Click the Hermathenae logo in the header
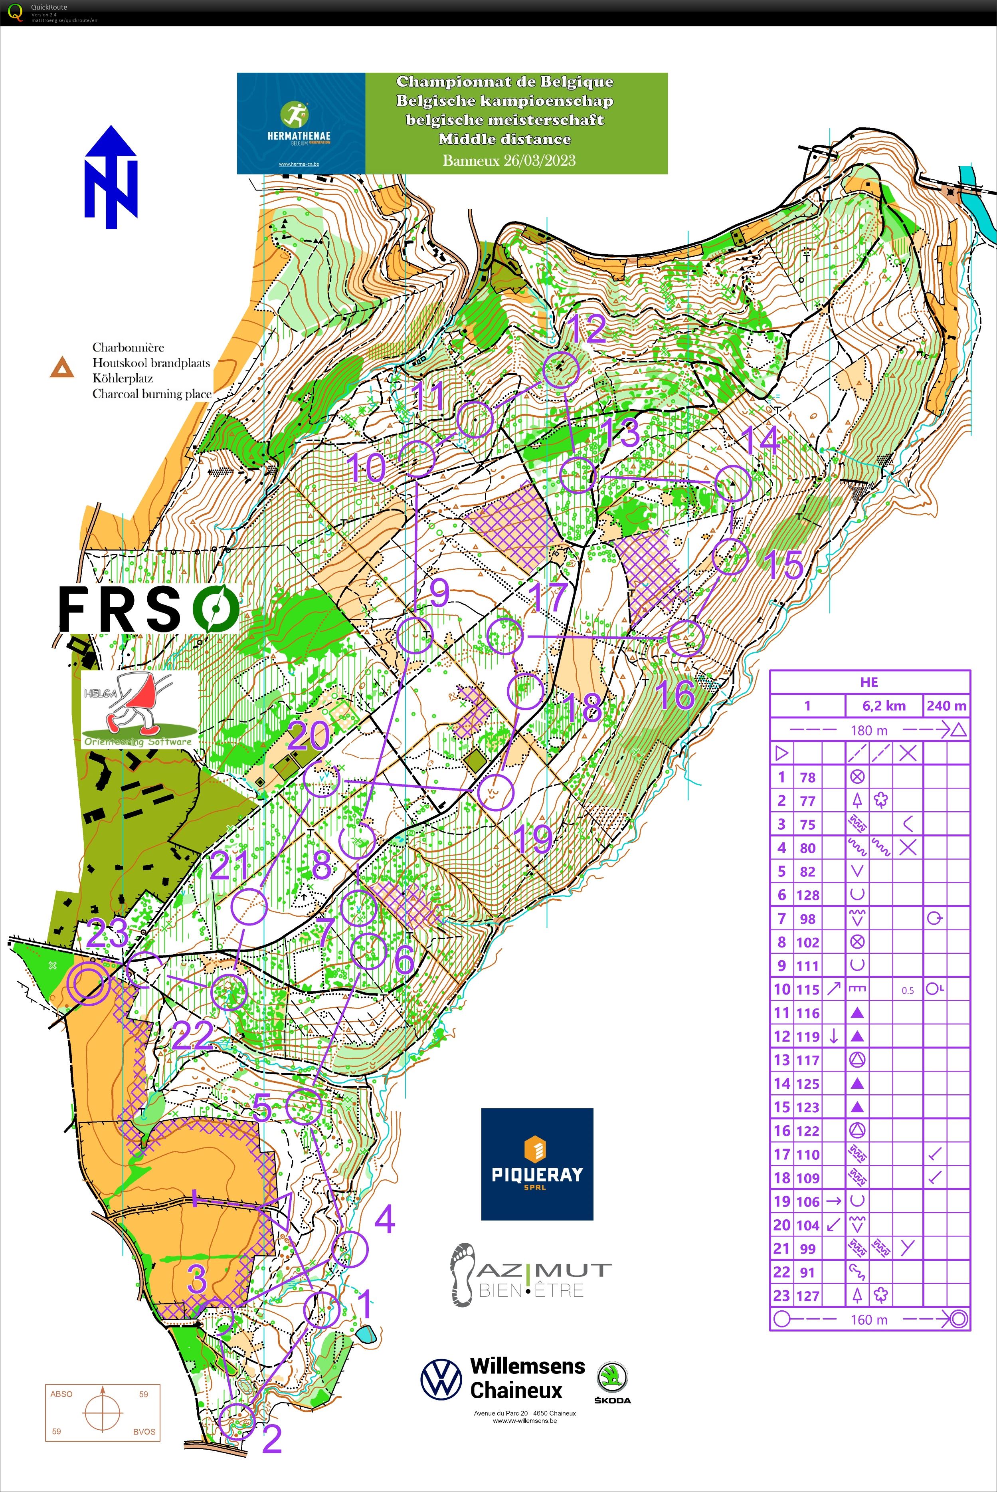coord(301,123)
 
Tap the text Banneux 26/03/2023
coord(508,160)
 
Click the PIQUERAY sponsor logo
coord(537,1164)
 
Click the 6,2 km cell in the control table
coord(884,705)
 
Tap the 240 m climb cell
coord(946,705)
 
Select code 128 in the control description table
coord(807,895)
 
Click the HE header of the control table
coord(869,682)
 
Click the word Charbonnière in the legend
coord(128,347)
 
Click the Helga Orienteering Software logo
coord(139,709)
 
